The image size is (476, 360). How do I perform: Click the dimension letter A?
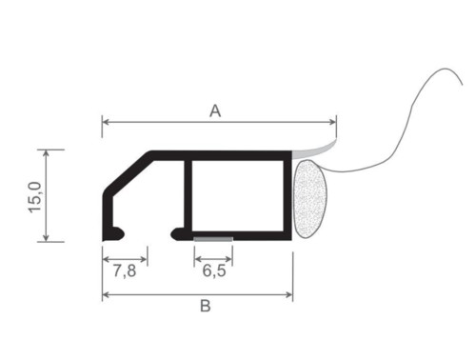coord(215,111)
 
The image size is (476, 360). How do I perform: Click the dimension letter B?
coord(206,306)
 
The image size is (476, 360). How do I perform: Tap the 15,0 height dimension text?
coord(35,197)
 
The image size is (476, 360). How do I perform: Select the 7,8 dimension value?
coord(125,270)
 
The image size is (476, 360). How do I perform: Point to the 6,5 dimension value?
coord(214,270)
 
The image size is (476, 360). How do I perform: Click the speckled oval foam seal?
coord(310,198)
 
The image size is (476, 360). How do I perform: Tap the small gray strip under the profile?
coord(213,239)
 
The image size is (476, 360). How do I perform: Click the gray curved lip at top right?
coord(313,150)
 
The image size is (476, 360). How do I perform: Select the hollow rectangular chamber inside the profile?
coord(237,196)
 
